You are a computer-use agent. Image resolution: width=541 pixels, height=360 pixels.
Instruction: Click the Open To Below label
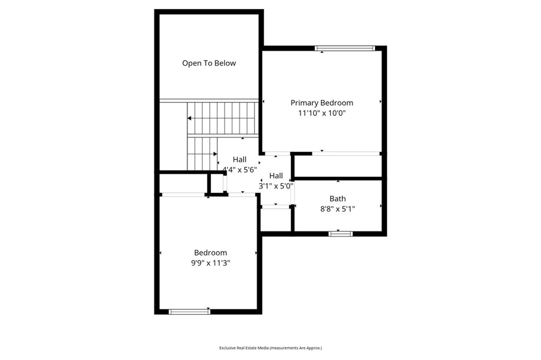pos(209,63)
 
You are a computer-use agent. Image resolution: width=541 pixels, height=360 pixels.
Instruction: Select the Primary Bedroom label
pos(322,103)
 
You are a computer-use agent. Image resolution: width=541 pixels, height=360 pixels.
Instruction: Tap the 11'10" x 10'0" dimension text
pos(322,113)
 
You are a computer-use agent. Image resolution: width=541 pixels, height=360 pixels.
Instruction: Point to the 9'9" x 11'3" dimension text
pos(210,263)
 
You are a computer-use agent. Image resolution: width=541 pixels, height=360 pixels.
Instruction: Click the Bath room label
pos(338,198)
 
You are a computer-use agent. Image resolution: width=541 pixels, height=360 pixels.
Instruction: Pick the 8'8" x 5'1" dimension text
pos(338,209)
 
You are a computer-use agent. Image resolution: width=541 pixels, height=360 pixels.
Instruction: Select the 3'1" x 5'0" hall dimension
pos(276,186)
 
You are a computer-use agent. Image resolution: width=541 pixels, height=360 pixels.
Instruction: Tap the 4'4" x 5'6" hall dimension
pos(240,169)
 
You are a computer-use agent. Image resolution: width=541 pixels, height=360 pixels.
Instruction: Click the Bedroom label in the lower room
pos(210,253)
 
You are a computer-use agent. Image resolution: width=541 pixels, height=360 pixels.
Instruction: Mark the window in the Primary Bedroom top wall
pos(344,48)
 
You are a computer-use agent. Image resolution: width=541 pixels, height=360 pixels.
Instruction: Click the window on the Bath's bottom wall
pos(341,234)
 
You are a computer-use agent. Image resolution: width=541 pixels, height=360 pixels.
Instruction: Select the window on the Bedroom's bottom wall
pos(190,312)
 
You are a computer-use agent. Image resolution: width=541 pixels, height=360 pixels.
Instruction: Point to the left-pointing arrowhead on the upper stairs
pos(190,118)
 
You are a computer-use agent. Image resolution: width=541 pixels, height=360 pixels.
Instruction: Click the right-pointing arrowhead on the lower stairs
pos(216,154)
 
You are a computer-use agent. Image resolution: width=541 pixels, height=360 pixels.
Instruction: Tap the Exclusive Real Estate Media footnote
pos(270,348)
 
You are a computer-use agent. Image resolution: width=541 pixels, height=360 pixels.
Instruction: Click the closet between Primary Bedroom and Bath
pos(338,166)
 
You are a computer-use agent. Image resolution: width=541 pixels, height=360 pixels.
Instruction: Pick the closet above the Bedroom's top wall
pos(183,184)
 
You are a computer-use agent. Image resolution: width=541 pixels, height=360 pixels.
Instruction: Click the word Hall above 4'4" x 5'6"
pos(240,159)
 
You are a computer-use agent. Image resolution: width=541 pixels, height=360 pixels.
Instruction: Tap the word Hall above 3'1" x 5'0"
pos(276,176)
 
